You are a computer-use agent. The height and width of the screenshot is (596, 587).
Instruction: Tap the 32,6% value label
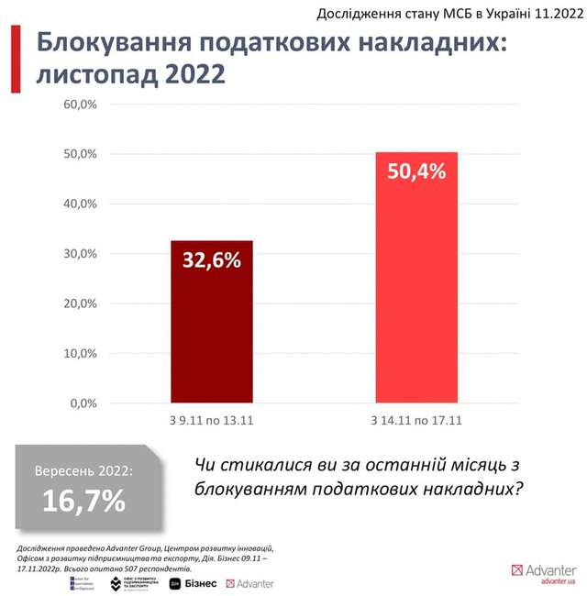(x=212, y=259)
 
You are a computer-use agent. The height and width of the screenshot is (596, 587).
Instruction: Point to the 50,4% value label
(x=416, y=171)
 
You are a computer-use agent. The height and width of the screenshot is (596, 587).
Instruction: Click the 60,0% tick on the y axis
(x=80, y=105)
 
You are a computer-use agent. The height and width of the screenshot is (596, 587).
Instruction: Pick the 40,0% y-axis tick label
(x=80, y=204)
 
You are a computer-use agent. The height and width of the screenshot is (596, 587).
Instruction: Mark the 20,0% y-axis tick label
(x=80, y=304)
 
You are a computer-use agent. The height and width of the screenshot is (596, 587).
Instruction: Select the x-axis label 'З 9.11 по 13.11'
(x=212, y=420)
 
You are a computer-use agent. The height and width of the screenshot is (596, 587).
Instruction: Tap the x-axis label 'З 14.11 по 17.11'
(x=416, y=420)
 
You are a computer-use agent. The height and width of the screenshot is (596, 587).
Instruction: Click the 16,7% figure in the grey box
(x=83, y=502)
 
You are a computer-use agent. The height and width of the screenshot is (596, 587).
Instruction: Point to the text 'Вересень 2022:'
(x=83, y=471)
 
